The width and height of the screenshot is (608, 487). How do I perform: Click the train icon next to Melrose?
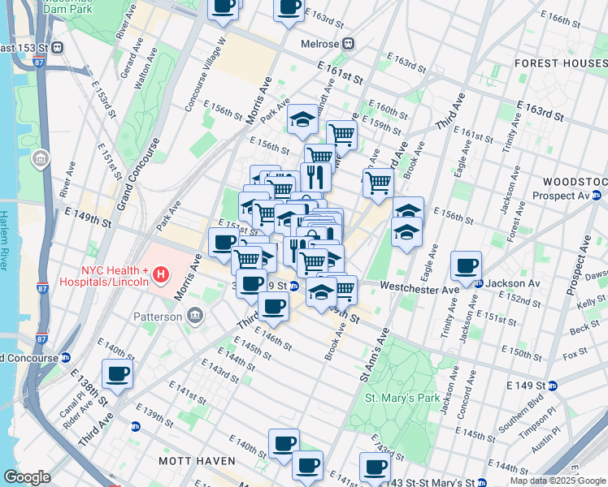click(x=349, y=44)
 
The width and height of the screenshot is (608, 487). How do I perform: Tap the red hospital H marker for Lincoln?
click(x=161, y=275)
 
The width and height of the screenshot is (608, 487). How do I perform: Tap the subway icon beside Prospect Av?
click(x=597, y=196)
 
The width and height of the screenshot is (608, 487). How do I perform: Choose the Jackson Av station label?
click(x=514, y=283)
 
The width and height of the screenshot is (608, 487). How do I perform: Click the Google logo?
click(x=27, y=477)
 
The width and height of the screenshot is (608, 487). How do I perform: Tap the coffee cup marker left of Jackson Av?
click(x=467, y=265)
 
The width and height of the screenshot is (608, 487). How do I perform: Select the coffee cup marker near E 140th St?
click(x=117, y=373)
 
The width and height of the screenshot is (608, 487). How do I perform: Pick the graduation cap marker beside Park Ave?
click(x=302, y=119)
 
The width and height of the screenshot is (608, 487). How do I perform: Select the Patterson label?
click(x=158, y=317)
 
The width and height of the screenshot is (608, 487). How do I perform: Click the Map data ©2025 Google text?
click(x=557, y=481)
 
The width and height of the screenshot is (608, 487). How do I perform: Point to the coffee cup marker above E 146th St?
click(x=273, y=307)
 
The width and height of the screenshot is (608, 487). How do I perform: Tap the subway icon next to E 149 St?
click(x=552, y=385)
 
